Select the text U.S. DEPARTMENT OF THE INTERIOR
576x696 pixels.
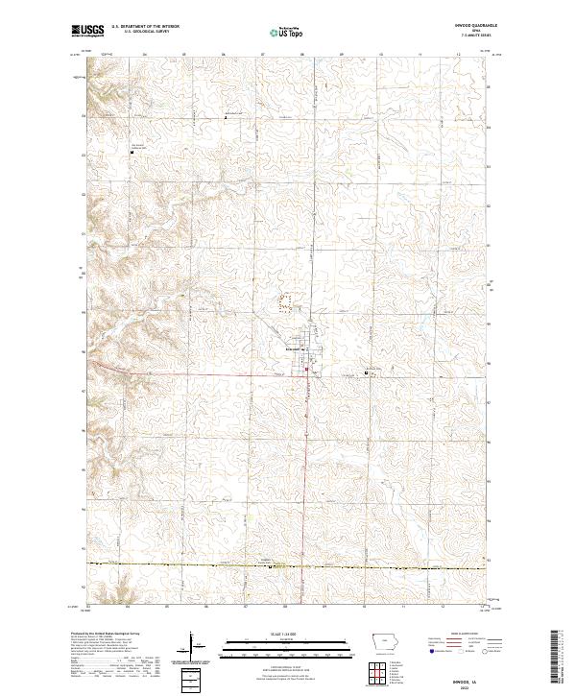click(x=145, y=26)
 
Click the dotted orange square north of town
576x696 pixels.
click(x=284, y=302)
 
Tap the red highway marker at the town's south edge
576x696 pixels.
click(x=306, y=371)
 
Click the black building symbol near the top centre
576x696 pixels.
click(x=226, y=116)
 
